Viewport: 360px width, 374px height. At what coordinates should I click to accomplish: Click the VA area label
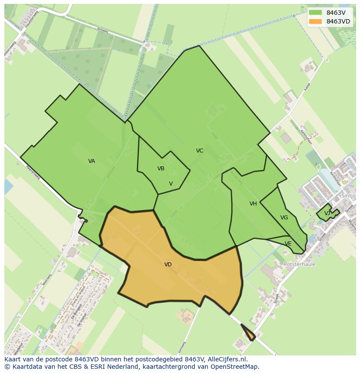pos(91,161)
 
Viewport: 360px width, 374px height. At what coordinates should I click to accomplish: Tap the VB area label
pos(161,169)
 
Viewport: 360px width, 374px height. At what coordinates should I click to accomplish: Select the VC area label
pos(200,151)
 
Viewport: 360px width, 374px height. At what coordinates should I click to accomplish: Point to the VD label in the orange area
pos(168,265)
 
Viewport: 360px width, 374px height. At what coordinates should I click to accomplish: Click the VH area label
pos(253,204)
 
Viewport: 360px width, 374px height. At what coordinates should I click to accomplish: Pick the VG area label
pos(284,218)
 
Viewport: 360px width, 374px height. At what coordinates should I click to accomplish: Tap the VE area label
pos(288,244)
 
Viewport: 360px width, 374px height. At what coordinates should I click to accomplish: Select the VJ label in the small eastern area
pos(327,213)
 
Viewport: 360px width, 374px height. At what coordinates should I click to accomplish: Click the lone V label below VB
pos(171,184)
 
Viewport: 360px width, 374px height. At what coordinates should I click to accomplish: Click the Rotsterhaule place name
pos(300,264)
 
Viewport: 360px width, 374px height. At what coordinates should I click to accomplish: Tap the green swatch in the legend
pos(316,13)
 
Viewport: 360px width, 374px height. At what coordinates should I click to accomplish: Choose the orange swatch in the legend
pos(316,21)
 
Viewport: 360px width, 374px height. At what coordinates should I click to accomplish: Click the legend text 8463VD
pos(338,21)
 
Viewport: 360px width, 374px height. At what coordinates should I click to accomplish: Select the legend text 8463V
pos(336,13)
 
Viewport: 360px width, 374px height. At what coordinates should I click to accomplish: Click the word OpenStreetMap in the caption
pos(235,367)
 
